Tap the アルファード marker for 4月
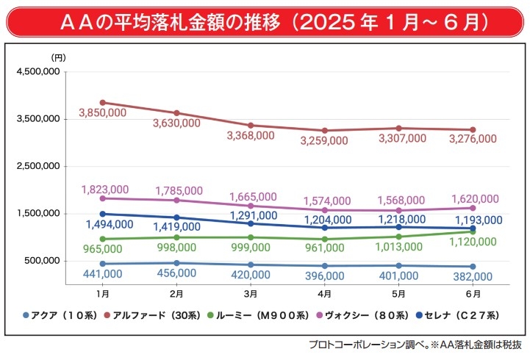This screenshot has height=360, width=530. [x=324, y=131]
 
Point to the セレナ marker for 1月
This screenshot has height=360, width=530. [x=103, y=214]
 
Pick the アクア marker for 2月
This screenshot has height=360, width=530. [x=176, y=263]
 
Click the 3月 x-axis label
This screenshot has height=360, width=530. [x=251, y=293]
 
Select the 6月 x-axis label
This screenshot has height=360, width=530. [x=473, y=293]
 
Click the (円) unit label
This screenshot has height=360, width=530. [x=59, y=57]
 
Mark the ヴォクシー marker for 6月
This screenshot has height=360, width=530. [x=473, y=208]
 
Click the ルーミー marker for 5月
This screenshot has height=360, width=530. [x=398, y=237]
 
